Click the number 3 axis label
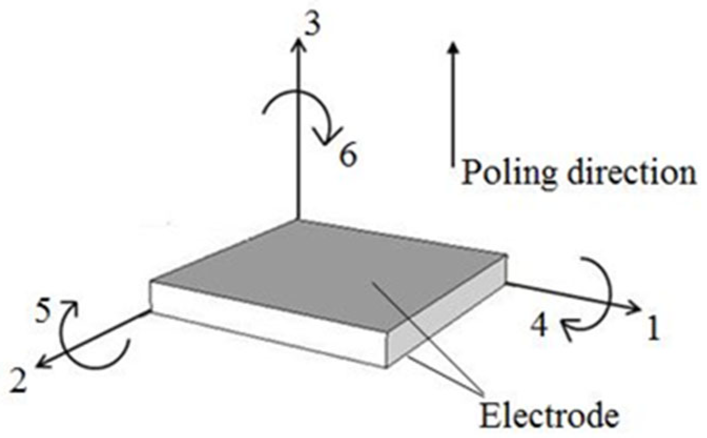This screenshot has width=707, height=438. point(312,25)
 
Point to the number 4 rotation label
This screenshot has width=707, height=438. point(538,326)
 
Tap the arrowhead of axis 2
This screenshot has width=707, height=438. point(43,363)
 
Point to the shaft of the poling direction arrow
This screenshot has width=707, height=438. point(453,109)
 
